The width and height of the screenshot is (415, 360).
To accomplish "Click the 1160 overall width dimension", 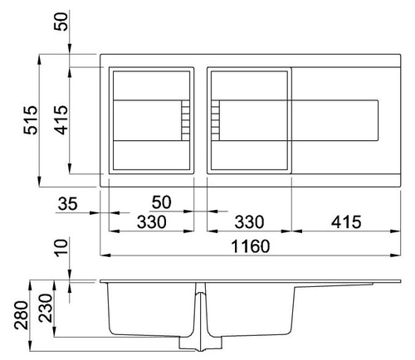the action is [251, 246].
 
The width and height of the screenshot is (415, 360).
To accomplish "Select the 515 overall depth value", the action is [30, 120].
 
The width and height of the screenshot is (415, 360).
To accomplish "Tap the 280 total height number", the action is [22, 315].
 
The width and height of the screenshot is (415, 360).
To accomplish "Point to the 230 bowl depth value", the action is [46, 308].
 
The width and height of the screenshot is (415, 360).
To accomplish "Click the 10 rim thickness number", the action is [61, 248].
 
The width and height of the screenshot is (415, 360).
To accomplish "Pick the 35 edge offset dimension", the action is [68, 204].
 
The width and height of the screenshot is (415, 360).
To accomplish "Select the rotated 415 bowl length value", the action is [61, 120].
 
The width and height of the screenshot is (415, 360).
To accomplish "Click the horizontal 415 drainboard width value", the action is [346, 222].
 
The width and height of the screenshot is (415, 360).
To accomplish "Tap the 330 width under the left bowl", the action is [152, 222].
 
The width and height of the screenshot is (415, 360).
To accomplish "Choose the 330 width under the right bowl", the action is [249, 222].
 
